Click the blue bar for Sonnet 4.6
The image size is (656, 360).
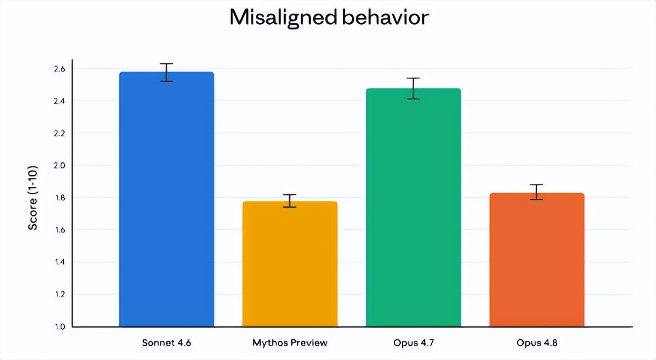(167, 199)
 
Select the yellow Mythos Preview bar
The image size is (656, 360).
(290, 264)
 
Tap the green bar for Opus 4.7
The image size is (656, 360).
(413, 207)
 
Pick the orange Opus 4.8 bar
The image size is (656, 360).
(537, 259)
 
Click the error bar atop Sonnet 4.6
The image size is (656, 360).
(167, 72)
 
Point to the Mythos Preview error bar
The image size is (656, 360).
(290, 201)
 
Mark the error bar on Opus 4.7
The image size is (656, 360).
(413, 88)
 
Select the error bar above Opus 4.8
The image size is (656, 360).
(536, 192)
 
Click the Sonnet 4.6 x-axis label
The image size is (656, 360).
(167, 343)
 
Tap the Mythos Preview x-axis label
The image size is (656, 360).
(290, 343)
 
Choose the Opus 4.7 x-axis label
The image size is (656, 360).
(413, 343)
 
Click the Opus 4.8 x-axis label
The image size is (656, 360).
(537, 343)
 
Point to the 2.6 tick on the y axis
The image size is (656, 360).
(59, 69)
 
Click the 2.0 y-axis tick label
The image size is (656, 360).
(59, 166)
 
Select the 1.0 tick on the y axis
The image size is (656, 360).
(59, 327)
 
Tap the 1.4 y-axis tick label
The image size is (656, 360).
(59, 262)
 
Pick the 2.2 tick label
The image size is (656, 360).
(59, 134)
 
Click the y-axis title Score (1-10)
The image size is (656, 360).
(33, 198)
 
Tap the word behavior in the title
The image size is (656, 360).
(386, 17)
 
